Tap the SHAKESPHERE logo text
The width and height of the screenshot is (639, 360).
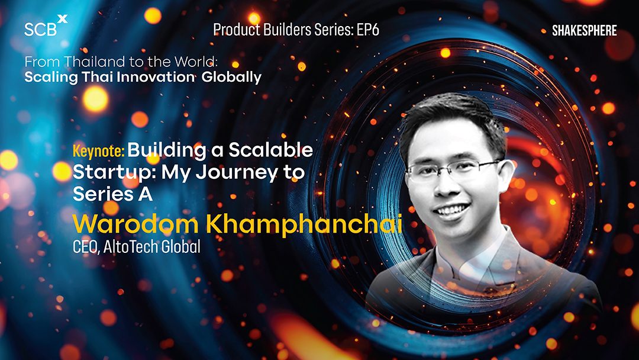[585, 31]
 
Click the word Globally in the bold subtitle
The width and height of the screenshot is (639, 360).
[231, 78]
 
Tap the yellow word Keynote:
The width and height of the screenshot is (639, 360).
[99, 151]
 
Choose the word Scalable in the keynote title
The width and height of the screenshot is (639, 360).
[270, 150]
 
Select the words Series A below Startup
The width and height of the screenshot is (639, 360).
[113, 194]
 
